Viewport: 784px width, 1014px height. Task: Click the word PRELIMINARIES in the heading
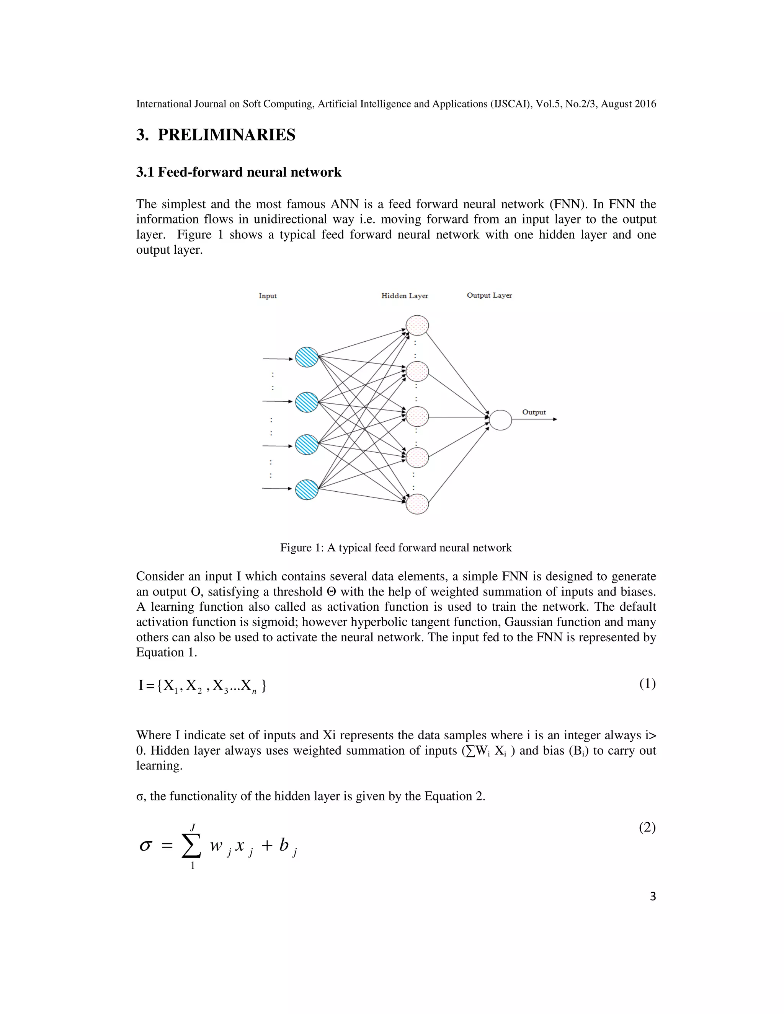[x=226, y=135]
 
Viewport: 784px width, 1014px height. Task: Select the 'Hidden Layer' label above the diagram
[x=405, y=296]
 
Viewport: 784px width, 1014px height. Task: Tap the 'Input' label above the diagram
[x=268, y=296]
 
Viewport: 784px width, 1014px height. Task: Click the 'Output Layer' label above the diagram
[x=489, y=295]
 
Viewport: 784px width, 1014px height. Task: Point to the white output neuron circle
[x=500, y=420]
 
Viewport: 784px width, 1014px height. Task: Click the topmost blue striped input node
[x=307, y=357]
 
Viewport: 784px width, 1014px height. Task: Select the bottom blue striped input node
[x=307, y=489]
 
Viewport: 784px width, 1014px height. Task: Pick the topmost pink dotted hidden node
[x=417, y=325]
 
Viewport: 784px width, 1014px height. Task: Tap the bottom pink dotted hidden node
[x=417, y=504]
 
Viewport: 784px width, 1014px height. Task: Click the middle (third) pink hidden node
[x=417, y=416]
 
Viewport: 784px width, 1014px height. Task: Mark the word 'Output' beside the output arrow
[x=534, y=412]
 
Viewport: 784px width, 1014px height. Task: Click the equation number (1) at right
[x=647, y=683]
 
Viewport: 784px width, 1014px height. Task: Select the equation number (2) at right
[x=647, y=827]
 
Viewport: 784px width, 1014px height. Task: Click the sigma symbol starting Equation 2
[x=145, y=846]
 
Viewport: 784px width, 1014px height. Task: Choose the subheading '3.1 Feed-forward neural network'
[x=239, y=172]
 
